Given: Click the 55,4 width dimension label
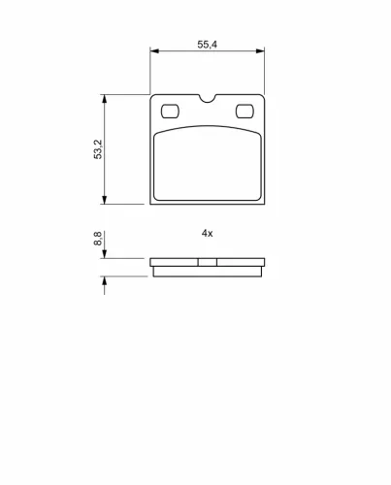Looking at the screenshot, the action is point(208,45).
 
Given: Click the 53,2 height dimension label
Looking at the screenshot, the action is point(98,149).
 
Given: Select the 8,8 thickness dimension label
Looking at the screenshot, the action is point(98,239).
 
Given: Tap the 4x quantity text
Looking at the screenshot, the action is point(208,233).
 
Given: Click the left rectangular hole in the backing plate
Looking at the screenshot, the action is point(170,112).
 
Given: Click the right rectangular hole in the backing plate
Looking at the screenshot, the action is point(244,112).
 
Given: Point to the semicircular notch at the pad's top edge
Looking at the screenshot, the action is point(208,99).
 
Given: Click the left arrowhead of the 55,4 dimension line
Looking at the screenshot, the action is point(155,50).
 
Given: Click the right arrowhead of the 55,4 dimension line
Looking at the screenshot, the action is point(260,50).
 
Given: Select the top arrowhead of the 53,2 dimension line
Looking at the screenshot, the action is point(104,99).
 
